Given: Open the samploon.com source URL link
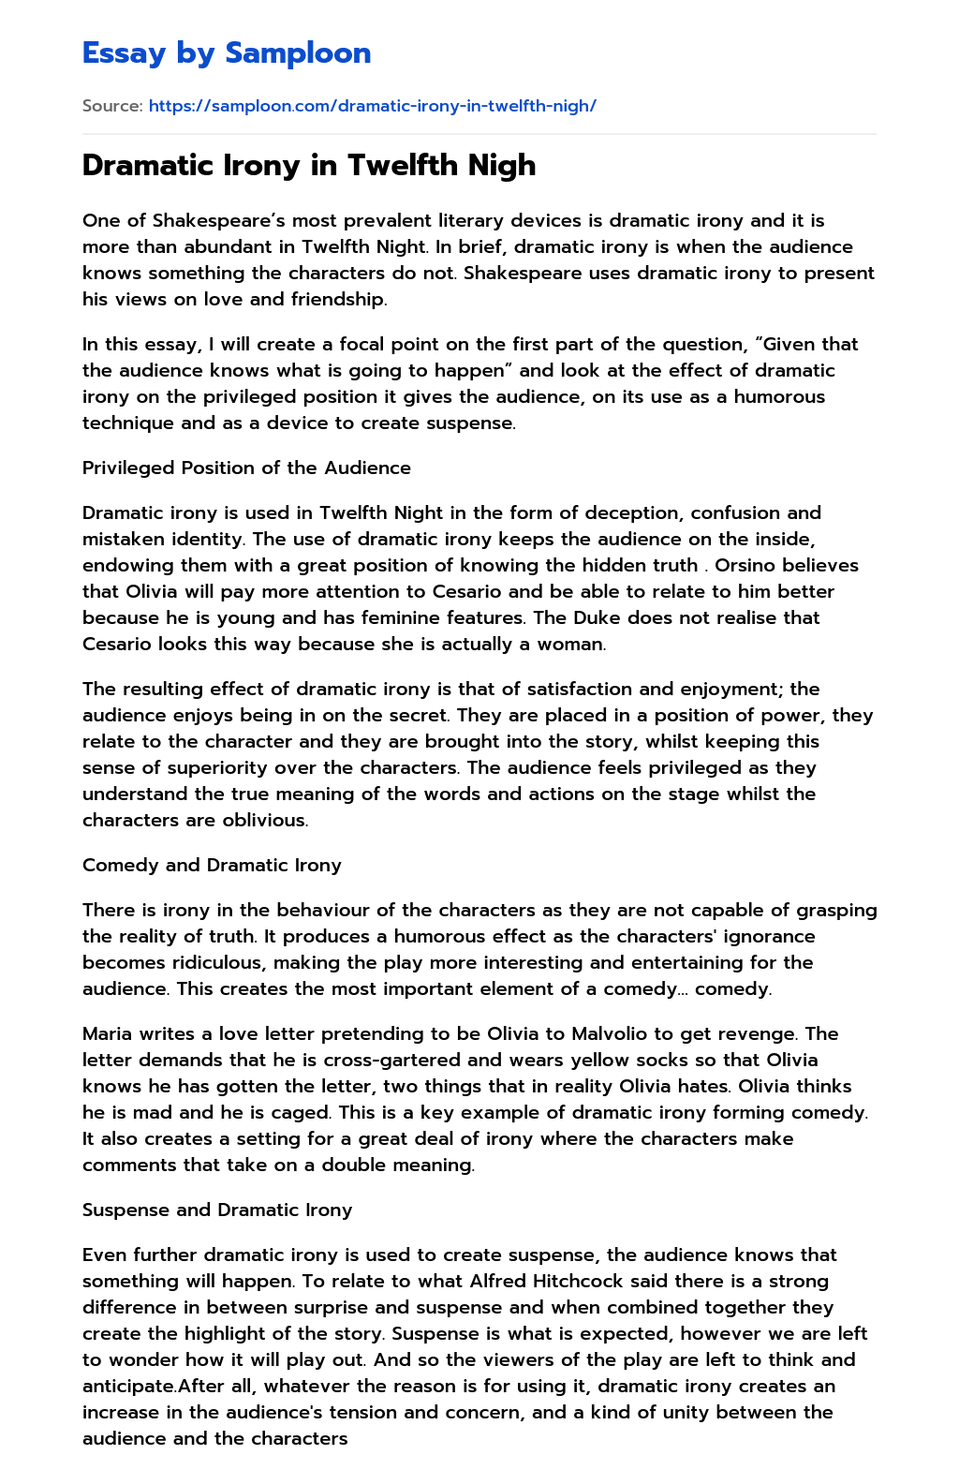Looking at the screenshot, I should coord(372,106).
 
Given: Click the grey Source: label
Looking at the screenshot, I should coord(112,106).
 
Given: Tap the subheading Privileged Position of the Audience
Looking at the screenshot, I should coord(246,468).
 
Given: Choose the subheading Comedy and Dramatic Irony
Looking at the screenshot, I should coord(212,865).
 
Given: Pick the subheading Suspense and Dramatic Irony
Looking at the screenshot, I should coord(217,1210).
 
